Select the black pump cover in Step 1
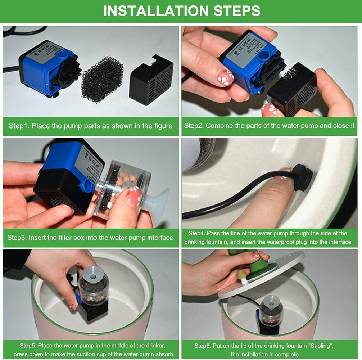[x=151, y=79]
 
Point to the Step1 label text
[x=19, y=126]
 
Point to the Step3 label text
[x=17, y=238]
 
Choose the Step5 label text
[x=29, y=346]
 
